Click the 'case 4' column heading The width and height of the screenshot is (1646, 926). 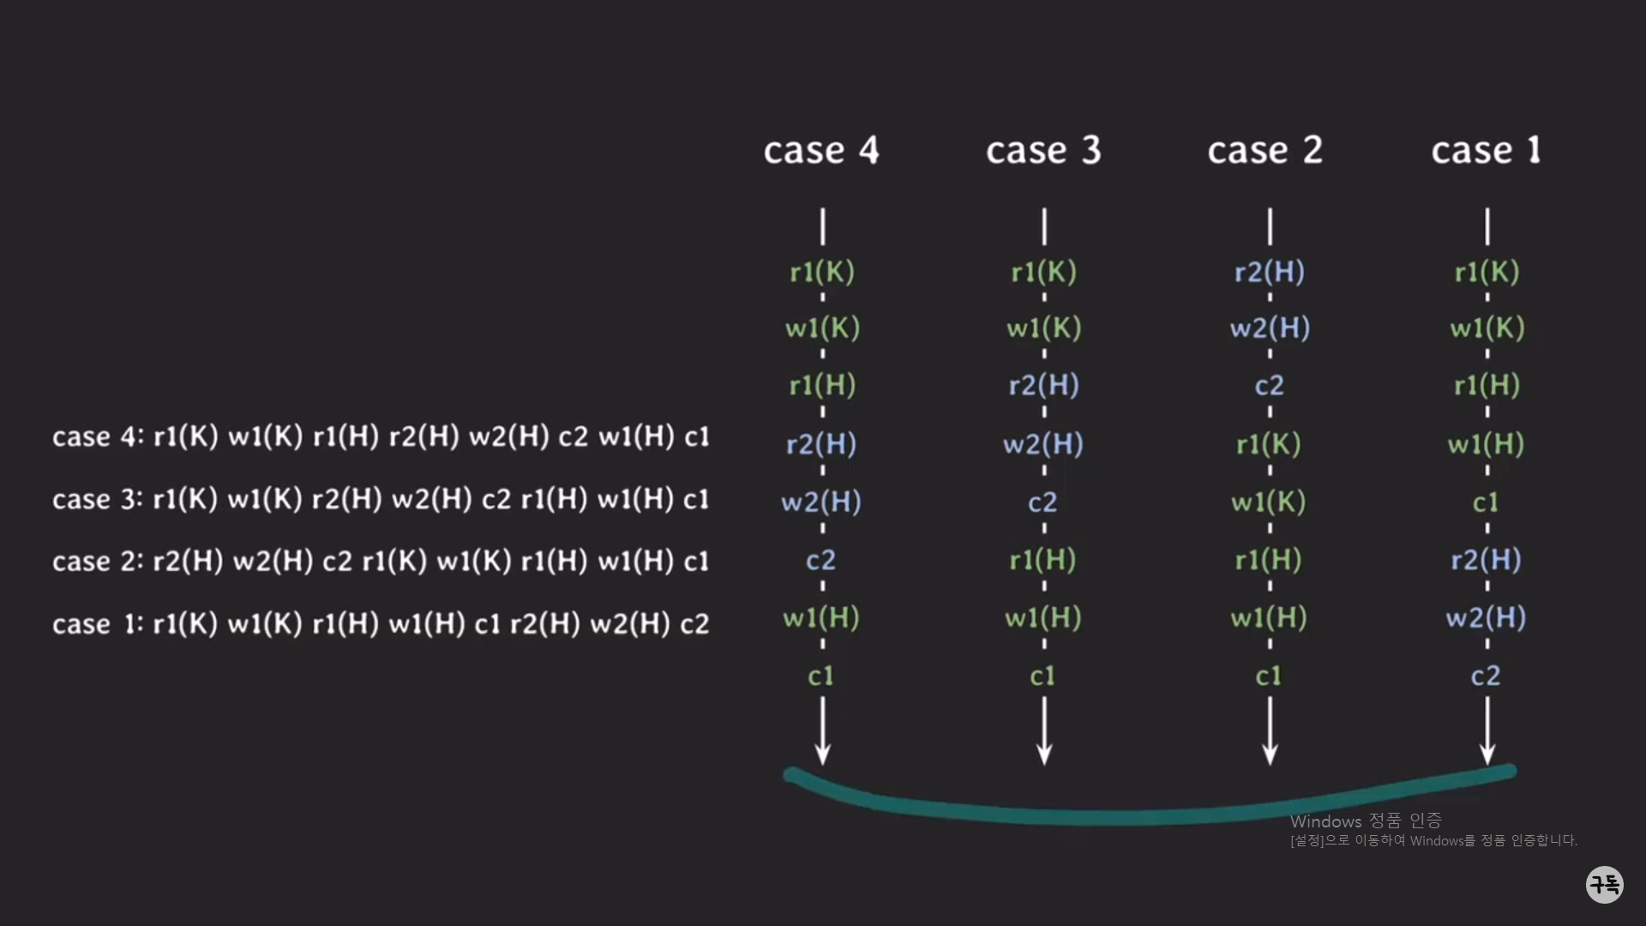click(x=821, y=151)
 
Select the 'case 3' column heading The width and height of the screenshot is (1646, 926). click(x=1043, y=151)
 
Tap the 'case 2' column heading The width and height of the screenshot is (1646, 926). click(x=1265, y=151)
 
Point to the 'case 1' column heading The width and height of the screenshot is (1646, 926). click(x=1486, y=151)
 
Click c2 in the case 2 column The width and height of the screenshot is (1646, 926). click(x=1269, y=386)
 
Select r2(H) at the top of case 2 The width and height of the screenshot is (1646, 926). click(x=1269, y=272)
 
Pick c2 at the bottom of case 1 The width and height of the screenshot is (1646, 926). click(x=1486, y=676)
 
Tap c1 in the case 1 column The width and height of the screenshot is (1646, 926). click(x=1486, y=502)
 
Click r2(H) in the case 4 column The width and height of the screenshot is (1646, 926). click(x=821, y=444)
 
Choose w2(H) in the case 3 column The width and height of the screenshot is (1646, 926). click(x=1043, y=444)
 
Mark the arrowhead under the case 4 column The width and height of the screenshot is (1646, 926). click(x=822, y=755)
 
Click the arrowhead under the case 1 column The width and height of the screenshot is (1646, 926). click(x=1487, y=755)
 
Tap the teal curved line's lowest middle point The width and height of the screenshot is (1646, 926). click(x=1114, y=817)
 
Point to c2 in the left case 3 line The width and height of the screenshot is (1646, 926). click(x=496, y=499)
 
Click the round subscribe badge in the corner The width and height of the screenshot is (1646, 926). click(x=1604, y=884)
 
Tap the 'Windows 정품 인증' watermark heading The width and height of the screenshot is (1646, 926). click(x=1366, y=821)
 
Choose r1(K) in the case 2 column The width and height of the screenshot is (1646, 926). click(x=1269, y=444)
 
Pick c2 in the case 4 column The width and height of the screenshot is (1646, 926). click(x=820, y=561)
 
